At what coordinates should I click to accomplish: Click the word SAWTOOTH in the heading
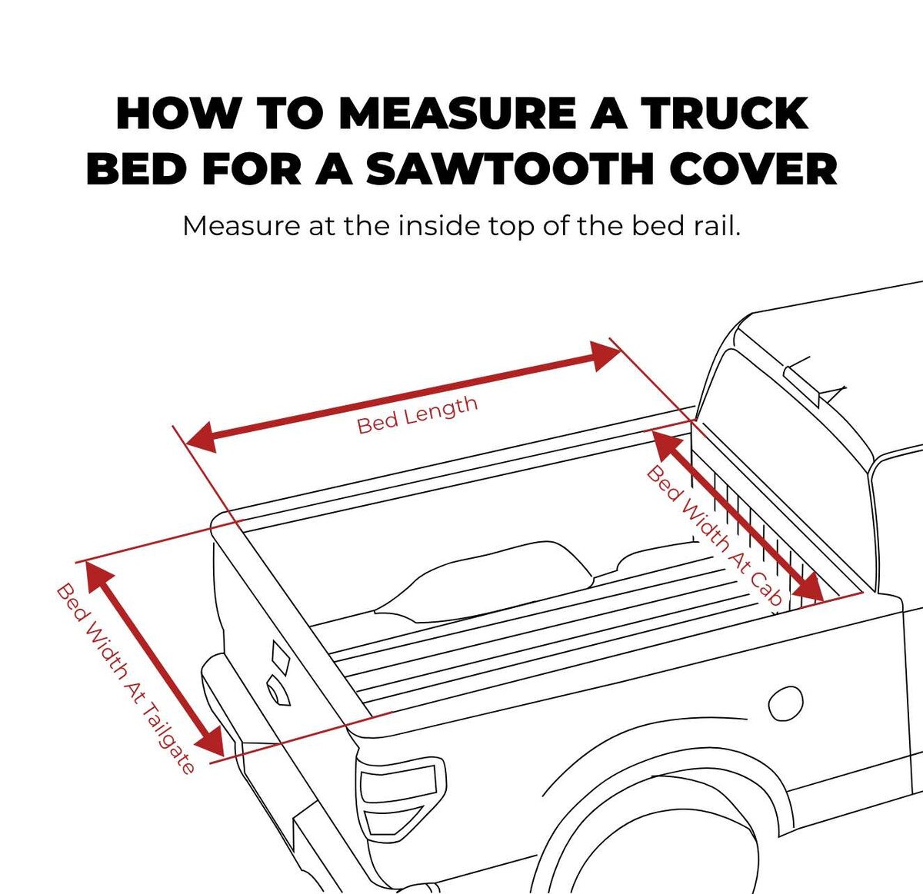click(x=511, y=169)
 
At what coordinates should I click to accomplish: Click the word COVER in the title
click(x=753, y=169)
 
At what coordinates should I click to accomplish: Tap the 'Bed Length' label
click(x=418, y=414)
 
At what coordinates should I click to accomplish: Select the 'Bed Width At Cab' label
click(x=715, y=536)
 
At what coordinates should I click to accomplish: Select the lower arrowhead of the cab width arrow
click(x=811, y=590)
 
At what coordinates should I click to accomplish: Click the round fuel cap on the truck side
click(x=786, y=704)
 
